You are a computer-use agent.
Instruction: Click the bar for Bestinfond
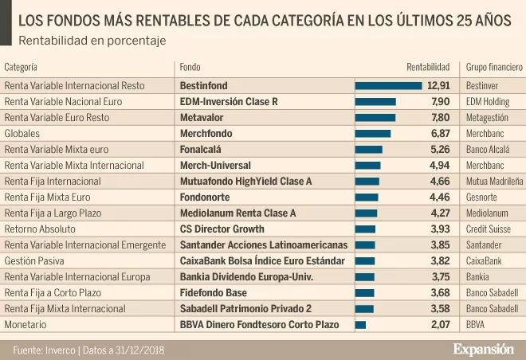(x=388, y=86)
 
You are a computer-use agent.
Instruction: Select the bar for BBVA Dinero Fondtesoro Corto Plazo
(x=360, y=325)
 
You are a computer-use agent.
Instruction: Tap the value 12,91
(x=439, y=86)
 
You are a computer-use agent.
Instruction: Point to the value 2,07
(x=441, y=325)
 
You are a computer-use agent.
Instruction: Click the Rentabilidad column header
(x=428, y=68)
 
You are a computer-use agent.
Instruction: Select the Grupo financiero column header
(x=494, y=68)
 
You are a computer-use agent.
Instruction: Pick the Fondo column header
(x=190, y=68)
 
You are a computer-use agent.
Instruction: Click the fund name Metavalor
(x=202, y=118)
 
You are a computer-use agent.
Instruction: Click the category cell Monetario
(x=24, y=325)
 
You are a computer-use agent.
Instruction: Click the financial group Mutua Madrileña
(x=494, y=182)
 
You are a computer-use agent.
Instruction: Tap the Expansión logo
(x=483, y=350)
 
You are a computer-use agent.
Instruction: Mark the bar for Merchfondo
(x=372, y=134)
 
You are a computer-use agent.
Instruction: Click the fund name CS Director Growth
(x=222, y=229)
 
